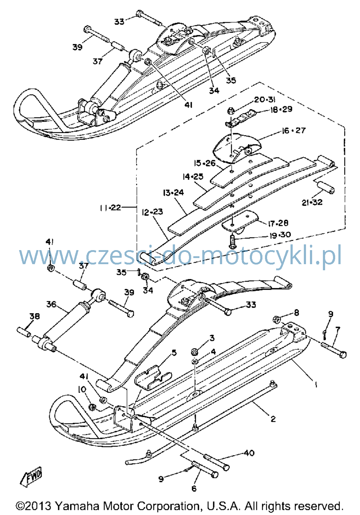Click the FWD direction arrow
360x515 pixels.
click(x=31, y=476)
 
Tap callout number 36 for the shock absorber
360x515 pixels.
click(x=51, y=304)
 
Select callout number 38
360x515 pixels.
click(x=35, y=316)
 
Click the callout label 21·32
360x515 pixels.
click(x=312, y=202)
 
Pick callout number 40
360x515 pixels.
click(x=249, y=453)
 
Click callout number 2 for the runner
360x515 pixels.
click(x=273, y=419)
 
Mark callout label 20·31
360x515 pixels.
click(x=265, y=100)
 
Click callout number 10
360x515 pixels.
click(x=82, y=389)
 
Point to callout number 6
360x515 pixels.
click(x=194, y=488)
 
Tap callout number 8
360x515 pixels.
click(x=297, y=313)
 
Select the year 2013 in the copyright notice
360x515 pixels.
click(x=38, y=506)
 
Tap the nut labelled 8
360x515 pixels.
click(x=276, y=320)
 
